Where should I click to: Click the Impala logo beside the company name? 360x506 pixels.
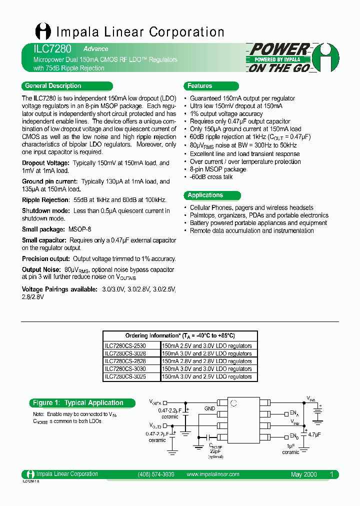[x=42, y=32]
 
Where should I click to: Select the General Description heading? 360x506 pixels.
[x=53, y=85]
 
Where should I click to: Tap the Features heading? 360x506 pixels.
[x=200, y=85]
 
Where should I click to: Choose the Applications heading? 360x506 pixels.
[x=205, y=195]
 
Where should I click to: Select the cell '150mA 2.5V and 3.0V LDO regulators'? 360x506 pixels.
[x=207, y=345]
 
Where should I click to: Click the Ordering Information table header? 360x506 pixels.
[x=180, y=336]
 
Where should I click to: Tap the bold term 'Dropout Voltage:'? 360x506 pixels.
[x=45, y=163]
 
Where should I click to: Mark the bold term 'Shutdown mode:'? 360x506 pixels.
[x=46, y=211]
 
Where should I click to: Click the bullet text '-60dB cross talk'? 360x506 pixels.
[x=211, y=177]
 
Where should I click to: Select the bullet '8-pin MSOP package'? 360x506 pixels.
[x=218, y=169]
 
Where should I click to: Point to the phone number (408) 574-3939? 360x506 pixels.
[x=155, y=474]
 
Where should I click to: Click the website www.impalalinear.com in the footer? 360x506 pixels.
[x=212, y=474]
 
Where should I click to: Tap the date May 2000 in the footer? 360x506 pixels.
[x=303, y=474]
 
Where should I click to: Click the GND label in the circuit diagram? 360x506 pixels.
[x=209, y=408]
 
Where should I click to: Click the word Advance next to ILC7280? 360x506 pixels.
[x=95, y=49]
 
